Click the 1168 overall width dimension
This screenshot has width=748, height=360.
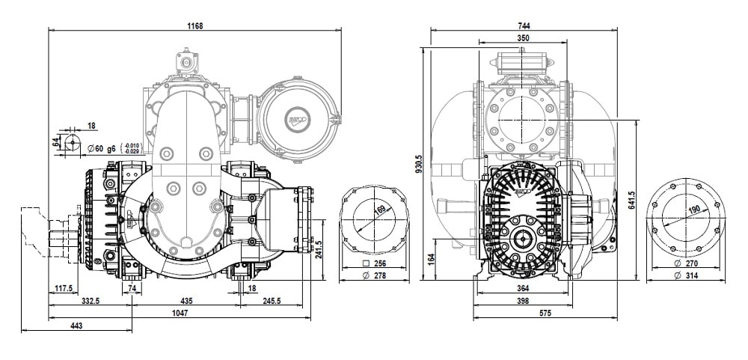(194, 25)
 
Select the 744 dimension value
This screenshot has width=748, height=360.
(523, 25)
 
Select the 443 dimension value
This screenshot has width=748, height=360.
(76, 326)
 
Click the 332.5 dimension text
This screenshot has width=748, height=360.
(90, 302)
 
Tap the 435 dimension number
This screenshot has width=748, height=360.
(186, 302)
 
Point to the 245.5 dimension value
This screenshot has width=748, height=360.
(271, 302)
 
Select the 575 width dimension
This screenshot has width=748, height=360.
(523, 314)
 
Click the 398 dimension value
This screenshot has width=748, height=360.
(523, 301)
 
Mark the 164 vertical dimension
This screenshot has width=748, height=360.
(431, 257)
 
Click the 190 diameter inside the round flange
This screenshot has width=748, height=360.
(694, 210)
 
